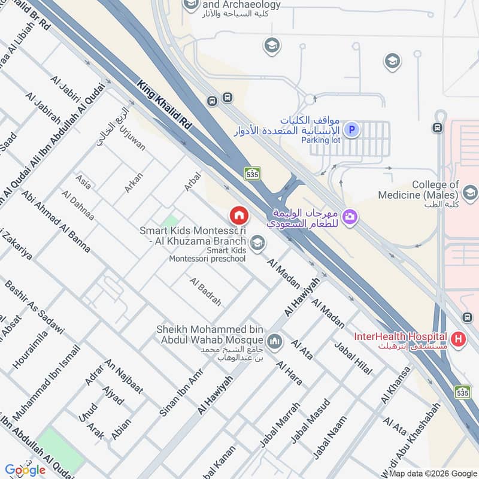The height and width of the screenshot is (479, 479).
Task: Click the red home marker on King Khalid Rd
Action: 238,215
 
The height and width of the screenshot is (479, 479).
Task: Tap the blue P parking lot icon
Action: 353,129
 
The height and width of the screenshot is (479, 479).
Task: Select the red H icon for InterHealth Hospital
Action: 459,339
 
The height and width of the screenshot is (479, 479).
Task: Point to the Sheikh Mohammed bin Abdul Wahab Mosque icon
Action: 275,341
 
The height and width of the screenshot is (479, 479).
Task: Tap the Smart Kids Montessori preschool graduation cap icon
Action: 258,242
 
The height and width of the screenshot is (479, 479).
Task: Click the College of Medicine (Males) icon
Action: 470,193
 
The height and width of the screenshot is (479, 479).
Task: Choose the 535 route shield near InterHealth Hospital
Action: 462,392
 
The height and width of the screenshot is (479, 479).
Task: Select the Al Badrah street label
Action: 205,292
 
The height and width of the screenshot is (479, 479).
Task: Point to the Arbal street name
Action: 192,183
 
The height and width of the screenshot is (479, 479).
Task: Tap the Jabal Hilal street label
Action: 353,358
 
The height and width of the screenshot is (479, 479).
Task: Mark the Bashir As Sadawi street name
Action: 34,307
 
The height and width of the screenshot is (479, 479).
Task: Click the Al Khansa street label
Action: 396,386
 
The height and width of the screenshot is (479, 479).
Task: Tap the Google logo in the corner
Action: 25,470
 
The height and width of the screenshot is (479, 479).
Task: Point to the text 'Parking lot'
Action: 320,140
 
